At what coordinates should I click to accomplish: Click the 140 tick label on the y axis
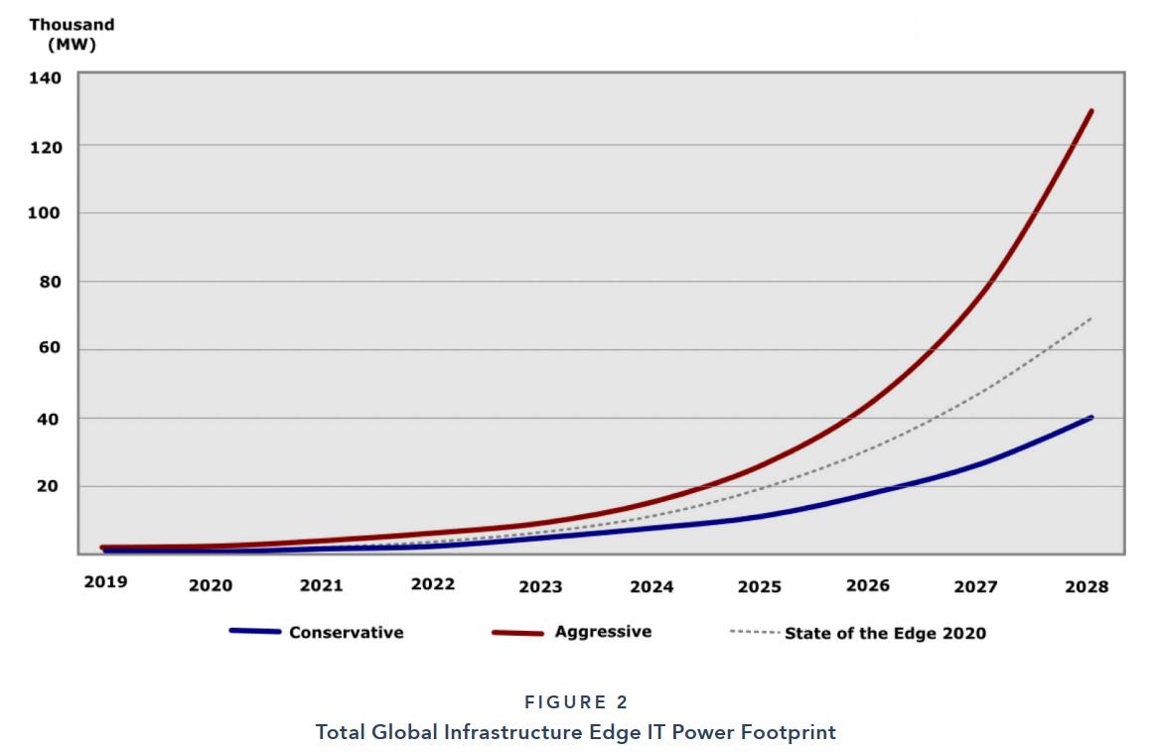point(48,77)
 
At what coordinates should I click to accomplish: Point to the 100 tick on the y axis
point(48,213)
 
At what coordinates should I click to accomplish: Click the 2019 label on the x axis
point(105,581)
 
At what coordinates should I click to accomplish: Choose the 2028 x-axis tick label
point(1086,586)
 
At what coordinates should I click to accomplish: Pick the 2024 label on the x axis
point(651,586)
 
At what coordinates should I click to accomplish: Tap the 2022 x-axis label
point(433,583)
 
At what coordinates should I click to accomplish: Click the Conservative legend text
point(346,632)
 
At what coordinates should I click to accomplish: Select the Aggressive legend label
point(603,631)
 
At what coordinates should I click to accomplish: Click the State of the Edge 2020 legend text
point(885,633)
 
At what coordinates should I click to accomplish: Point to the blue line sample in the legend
point(255,631)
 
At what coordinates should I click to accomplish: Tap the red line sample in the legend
point(517,632)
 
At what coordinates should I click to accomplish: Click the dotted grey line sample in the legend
point(754,631)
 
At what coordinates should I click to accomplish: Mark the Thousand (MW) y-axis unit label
point(72,35)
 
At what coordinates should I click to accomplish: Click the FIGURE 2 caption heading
point(576,702)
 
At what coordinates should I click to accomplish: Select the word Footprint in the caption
point(791,732)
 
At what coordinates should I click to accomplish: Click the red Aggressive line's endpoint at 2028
point(1091,110)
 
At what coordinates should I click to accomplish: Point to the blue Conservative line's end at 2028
point(1091,418)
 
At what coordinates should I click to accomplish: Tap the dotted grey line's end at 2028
point(1091,317)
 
